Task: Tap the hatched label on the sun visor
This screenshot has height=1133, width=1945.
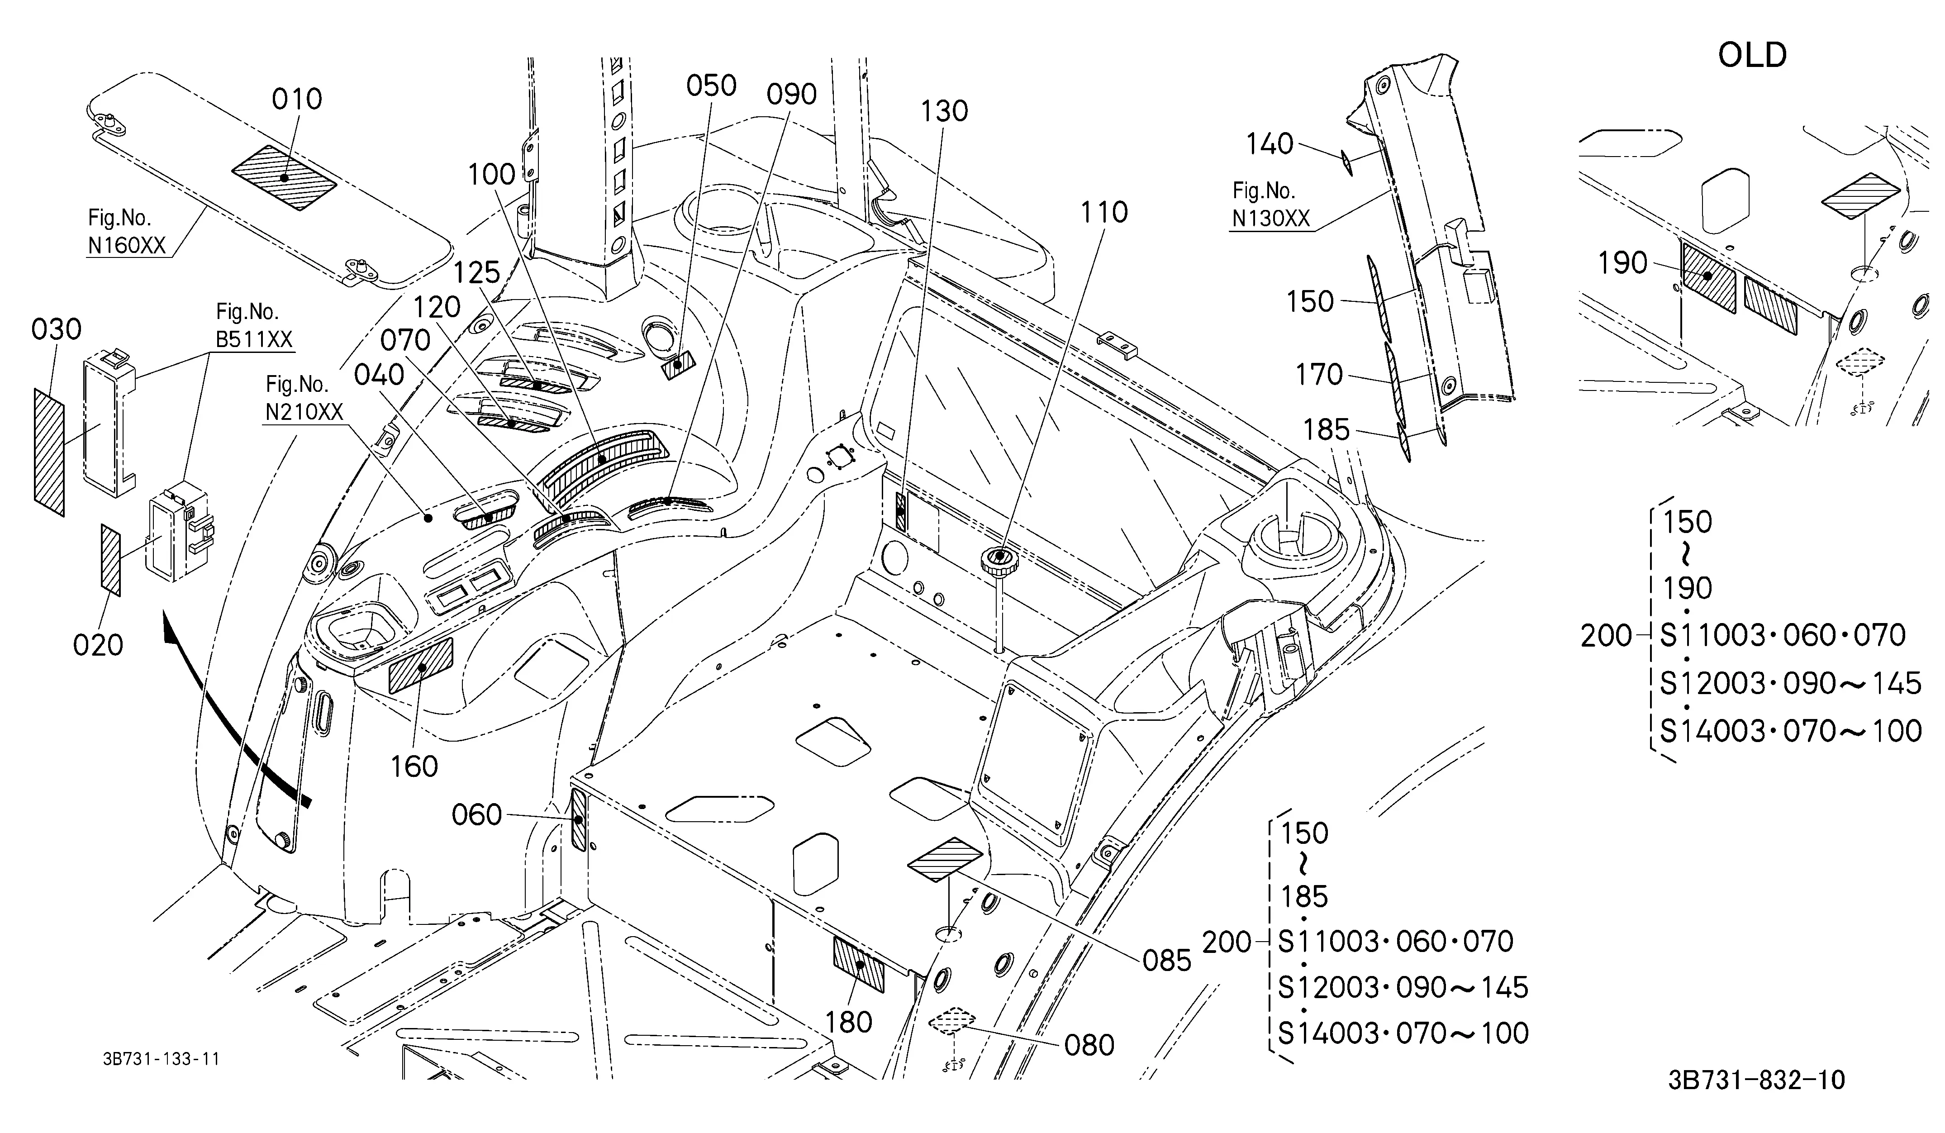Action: (285, 177)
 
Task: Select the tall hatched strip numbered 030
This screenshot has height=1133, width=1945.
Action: (49, 452)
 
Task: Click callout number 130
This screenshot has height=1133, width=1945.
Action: (944, 112)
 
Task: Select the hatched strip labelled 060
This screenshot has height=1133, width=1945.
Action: (578, 817)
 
